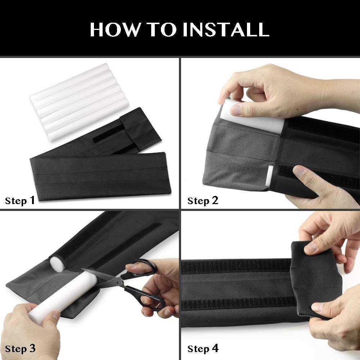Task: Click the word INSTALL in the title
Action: (226, 30)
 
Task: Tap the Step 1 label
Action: (20, 201)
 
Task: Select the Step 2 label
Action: (203, 201)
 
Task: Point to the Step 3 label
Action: (20, 348)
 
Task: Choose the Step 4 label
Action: (203, 348)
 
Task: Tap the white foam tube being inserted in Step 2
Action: (236, 112)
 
